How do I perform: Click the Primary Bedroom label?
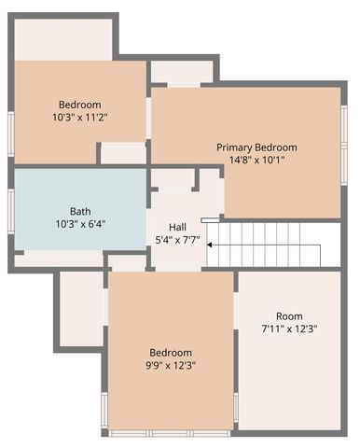[x=256, y=147]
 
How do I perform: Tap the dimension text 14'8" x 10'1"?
[x=256, y=160]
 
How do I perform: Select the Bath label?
[x=80, y=211]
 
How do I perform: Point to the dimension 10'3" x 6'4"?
[x=80, y=224]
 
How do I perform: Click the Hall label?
[x=177, y=228]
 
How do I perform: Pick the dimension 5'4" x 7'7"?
[x=177, y=240]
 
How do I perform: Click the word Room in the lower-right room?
[x=289, y=316]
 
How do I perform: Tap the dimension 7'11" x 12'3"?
[x=289, y=329]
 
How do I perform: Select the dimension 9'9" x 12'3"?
[x=171, y=365]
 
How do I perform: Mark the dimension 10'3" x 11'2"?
[x=80, y=117]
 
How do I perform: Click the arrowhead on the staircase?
[x=211, y=245]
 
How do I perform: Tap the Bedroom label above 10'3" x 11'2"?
[x=80, y=105]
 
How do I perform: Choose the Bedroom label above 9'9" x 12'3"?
[x=171, y=353]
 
